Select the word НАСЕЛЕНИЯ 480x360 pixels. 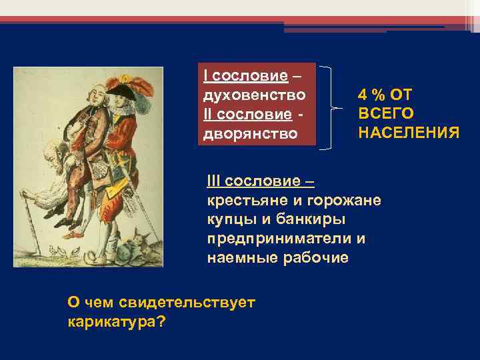tap(408, 133)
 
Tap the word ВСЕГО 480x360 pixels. tap(385, 114)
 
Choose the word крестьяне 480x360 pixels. tap(243, 201)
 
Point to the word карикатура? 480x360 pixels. tap(117, 321)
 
